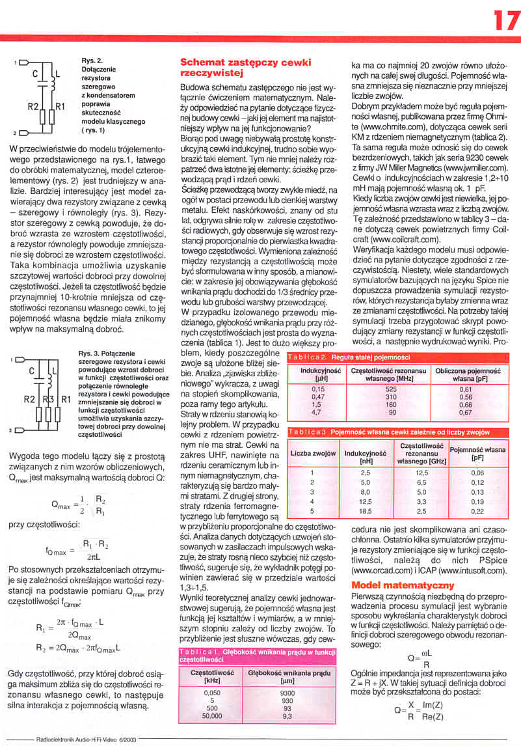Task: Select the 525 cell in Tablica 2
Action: (391, 389)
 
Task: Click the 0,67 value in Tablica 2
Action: (465, 412)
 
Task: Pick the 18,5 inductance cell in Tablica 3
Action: (366, 512)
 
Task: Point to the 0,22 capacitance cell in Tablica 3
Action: (477, 512)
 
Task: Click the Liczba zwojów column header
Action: (312, 452)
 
